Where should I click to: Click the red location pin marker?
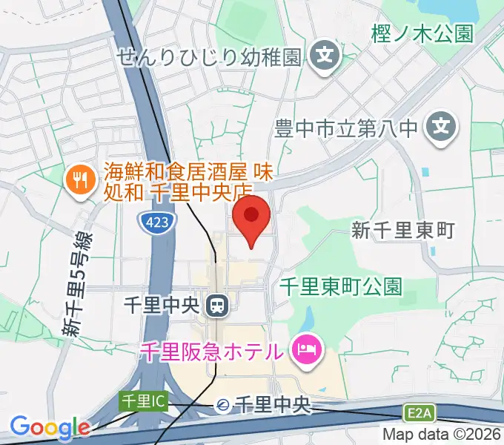(252, 217)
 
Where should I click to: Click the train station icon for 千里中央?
(217, 304)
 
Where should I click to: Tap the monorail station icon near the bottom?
(222, 405)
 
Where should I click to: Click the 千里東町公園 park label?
(342, 286)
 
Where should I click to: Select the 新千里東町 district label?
(402, 231)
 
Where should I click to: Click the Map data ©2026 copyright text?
(442, 435)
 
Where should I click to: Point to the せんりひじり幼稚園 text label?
(210, 56)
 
